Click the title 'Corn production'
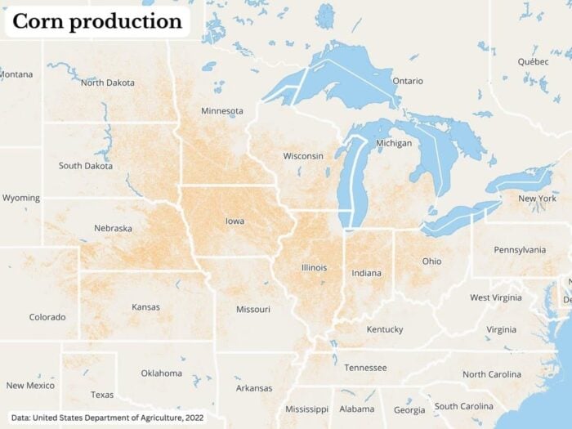tap(97, 22)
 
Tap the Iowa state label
tap(235, 221)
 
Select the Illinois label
tap(314, 267)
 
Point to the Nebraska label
tap(113, 229)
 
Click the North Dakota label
tap(109, 83)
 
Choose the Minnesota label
tap(221, 111)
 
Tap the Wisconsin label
tap(303, 156)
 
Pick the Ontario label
tap(408, 81)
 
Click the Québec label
tap(533, 62)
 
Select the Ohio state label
tap(431, 261)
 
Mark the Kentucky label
tap(384, 329)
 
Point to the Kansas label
tap(145, 307)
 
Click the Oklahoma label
tap(161, 373)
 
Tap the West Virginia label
tap(495, 297)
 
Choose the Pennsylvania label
tap(520, 249)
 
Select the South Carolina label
tap(463, 406)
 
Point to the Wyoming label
tap(20, 199)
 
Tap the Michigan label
tap(394, 144)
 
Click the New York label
tap(538, 199)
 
